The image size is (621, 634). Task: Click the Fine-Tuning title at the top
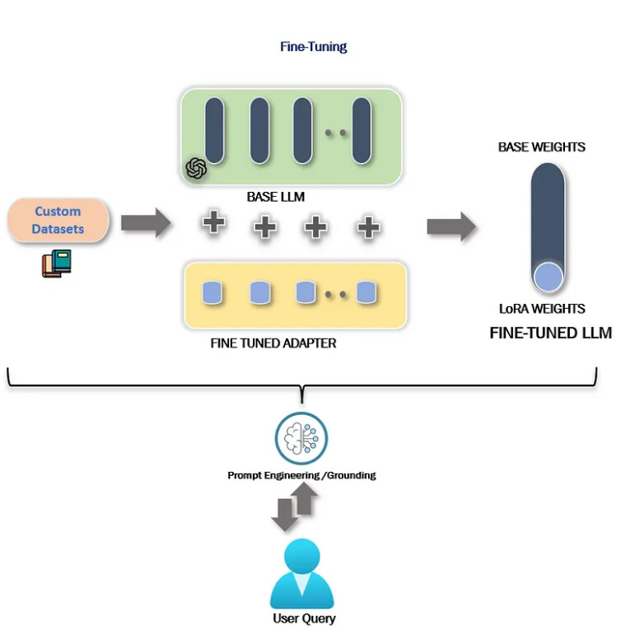(313, 46)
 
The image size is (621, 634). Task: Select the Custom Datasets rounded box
(58, 220)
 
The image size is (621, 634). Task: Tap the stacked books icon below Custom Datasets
(57, 263)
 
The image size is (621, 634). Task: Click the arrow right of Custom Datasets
(145, 222)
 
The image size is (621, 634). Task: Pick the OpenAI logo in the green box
(196, 168)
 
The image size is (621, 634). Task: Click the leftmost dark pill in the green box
(214, 129)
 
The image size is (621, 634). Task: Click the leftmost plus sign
(213, 223)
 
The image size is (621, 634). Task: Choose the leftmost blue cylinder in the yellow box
(212, 292)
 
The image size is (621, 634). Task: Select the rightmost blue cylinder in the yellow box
(366, 292)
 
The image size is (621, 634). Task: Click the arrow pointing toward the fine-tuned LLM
(451, 226)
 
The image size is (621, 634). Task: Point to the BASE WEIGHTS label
(541, 147)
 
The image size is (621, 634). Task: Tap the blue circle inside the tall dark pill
(548, 277)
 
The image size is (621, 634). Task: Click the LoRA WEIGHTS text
(542, 309)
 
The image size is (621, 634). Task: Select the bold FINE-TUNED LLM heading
(550, 333)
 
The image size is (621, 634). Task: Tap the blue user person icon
(302, 574)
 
